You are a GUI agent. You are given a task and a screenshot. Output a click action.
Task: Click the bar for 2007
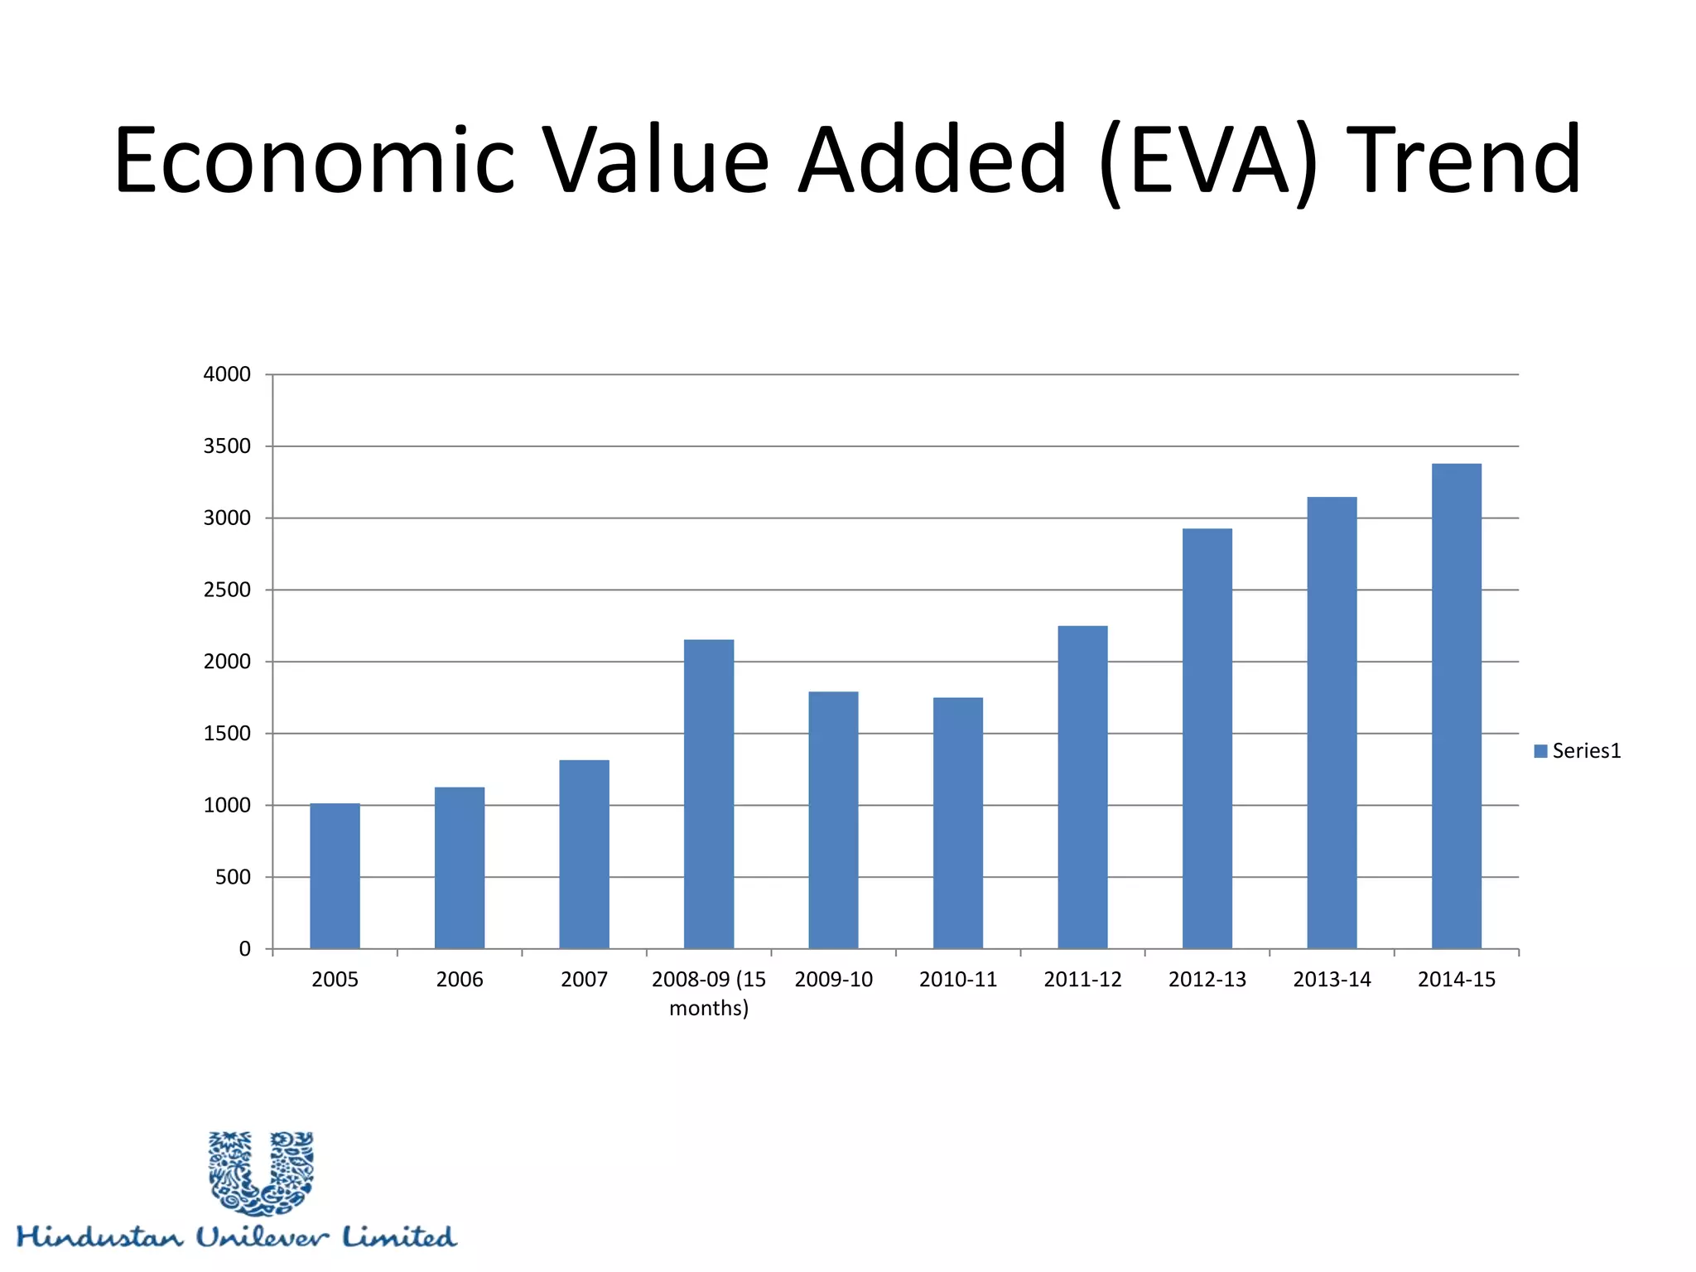pos(584,855)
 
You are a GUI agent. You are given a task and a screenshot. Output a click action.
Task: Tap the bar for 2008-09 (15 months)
pos(709,794)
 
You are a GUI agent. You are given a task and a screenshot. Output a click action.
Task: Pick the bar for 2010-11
pos(958,823)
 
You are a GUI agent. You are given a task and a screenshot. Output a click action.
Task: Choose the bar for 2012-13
pos(1207,739)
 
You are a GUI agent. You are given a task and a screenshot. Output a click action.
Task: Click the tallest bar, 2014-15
pos(1457,706)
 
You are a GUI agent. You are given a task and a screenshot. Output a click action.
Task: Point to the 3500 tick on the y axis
pos(227,446)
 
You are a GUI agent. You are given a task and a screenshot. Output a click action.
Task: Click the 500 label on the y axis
pos(233,877)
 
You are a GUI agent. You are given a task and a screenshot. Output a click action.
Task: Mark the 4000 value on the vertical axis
pos(227,374)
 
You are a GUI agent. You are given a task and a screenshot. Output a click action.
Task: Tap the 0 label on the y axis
pos(244,949)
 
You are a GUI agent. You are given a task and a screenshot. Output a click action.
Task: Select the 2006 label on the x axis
pos(460,980)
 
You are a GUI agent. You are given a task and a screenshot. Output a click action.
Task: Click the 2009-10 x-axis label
pos(833,980)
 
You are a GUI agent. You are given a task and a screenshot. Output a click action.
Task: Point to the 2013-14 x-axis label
pos(1332,980)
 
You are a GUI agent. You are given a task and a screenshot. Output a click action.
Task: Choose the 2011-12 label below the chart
pos(1082,980)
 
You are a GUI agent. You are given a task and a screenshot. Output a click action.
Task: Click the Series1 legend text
pos(1586,751)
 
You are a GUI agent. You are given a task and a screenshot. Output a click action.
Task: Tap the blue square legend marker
pos(1540,751)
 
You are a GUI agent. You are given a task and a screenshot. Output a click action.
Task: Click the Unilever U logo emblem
pos(262,1173)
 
